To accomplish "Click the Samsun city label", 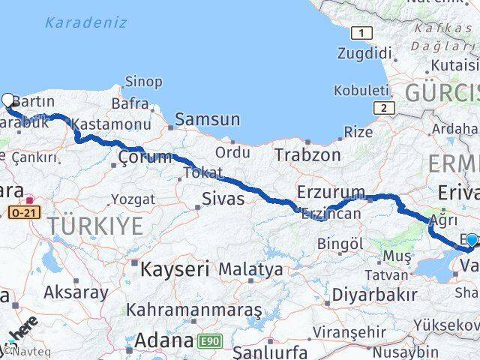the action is coord(208,119).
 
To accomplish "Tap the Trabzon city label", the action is coord(307,154).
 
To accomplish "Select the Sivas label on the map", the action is coord(223,199).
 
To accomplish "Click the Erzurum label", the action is coord(331,192).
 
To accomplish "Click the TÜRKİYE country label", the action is coord(94,224).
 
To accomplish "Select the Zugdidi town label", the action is coord(364,53).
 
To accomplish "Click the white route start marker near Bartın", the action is coord(8,100).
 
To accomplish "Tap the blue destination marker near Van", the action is coord(472,241).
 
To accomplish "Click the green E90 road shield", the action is coord(211,342).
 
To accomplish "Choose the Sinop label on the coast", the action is coord(143,81).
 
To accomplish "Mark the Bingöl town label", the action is coord(340,244).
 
